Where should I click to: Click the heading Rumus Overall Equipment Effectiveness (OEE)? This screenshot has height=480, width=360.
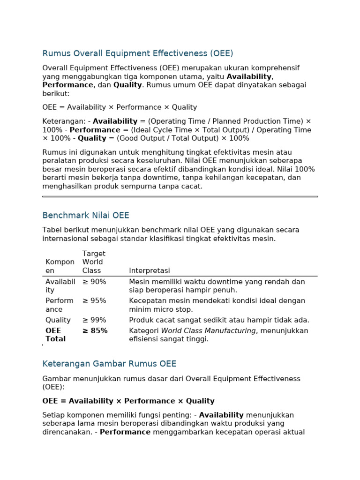click(137, 53)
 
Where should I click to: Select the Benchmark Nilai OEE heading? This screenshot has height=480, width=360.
click(85, 216)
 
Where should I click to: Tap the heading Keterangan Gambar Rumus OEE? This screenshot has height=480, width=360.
click(109, 364)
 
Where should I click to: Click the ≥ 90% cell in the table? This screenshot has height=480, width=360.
click(94, 282)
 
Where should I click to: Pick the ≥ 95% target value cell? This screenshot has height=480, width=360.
click(94, 301)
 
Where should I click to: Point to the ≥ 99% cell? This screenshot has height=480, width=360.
click(94, 320)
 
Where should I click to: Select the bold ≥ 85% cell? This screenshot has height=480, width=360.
click(95, 331)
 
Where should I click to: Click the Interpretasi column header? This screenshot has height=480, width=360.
click(149, 271)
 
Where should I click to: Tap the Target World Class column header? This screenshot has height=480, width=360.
click(94, 262)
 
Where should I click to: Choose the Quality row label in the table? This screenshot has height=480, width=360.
click(58, 320)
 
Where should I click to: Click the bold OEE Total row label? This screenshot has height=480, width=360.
click(55, 335)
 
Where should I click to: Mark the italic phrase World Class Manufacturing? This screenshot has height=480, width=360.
click(209, 331)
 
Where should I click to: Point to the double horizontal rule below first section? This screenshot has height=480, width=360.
click(180, 196)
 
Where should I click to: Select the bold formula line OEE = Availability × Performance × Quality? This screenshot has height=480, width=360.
click(128, 401)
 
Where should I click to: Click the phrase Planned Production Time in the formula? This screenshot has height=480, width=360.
click(256, 121)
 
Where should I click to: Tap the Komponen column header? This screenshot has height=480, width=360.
click(60, 266)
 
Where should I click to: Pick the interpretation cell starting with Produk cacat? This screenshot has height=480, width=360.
click(219, 320)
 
